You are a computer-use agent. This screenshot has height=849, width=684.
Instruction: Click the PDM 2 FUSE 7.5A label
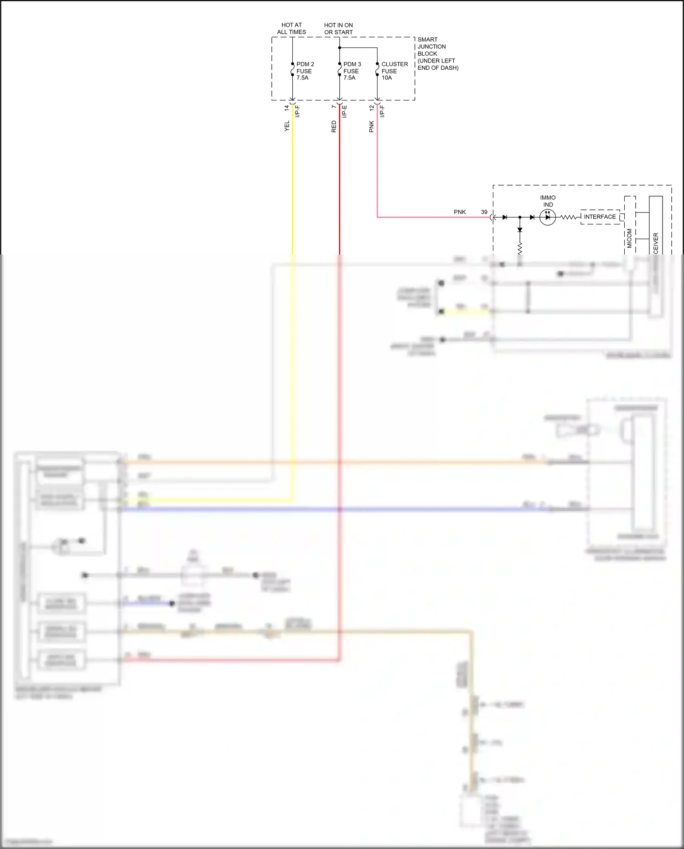coord(305,71)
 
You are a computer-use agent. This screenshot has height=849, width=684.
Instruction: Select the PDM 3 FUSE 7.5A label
coord(352,71)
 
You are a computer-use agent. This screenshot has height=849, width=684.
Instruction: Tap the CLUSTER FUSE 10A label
coord(394,71)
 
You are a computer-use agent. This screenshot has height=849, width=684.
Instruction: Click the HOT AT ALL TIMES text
coord(291,28)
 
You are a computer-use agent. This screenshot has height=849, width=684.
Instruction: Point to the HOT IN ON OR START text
coord(338,28)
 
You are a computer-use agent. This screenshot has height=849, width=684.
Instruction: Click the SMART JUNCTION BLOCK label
coord(437,53)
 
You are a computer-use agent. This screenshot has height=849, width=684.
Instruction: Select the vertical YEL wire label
coord(287,126)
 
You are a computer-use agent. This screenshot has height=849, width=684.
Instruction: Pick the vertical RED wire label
coord(334,126)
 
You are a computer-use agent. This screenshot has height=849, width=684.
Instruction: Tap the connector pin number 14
coord(286,108)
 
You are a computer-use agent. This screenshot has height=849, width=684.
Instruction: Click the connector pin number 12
coord(372,108)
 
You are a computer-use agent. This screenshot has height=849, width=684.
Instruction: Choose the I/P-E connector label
coord(345,111)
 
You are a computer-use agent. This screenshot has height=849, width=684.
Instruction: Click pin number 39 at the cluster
coord(484,212)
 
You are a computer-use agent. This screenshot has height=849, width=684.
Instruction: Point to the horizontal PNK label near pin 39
coord(460,212)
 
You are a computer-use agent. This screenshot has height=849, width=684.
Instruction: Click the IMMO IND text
coord(548,201)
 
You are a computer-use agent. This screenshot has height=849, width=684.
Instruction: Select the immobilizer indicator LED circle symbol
coord(548,218)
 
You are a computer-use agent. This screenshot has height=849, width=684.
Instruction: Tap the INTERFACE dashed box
coord(600,217)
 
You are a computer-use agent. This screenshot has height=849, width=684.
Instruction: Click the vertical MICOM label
coord(629,238)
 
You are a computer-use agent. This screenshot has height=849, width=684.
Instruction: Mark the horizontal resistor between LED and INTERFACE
coord(568,218)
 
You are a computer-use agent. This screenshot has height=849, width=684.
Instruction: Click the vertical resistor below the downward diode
coord(520,247)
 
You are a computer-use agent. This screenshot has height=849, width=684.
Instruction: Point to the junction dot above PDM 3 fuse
coord(339,47)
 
